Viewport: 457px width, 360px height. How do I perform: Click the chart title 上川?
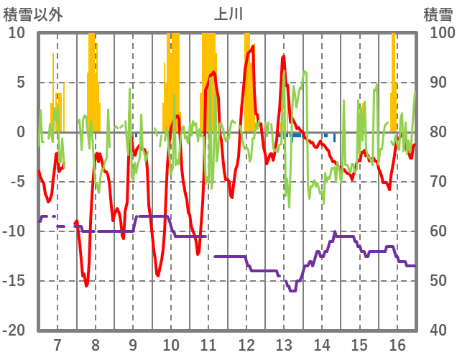tap(228, 14)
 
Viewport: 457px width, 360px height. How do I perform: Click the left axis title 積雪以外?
tap(32, 14)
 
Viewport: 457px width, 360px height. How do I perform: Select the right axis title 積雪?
tap(438, 14)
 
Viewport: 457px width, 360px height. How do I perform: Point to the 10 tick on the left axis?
tap(17, 33)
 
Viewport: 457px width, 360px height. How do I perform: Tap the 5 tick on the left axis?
tap(21, 83)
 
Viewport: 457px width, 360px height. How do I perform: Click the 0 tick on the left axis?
tap(21, 132)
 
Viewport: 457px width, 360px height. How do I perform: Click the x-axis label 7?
tap(57, 344)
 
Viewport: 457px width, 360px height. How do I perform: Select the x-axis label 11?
tap(208, 344)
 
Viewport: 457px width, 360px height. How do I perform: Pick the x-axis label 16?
tap(397, 344)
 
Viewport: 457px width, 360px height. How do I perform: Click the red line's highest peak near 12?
tap(252, 47)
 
